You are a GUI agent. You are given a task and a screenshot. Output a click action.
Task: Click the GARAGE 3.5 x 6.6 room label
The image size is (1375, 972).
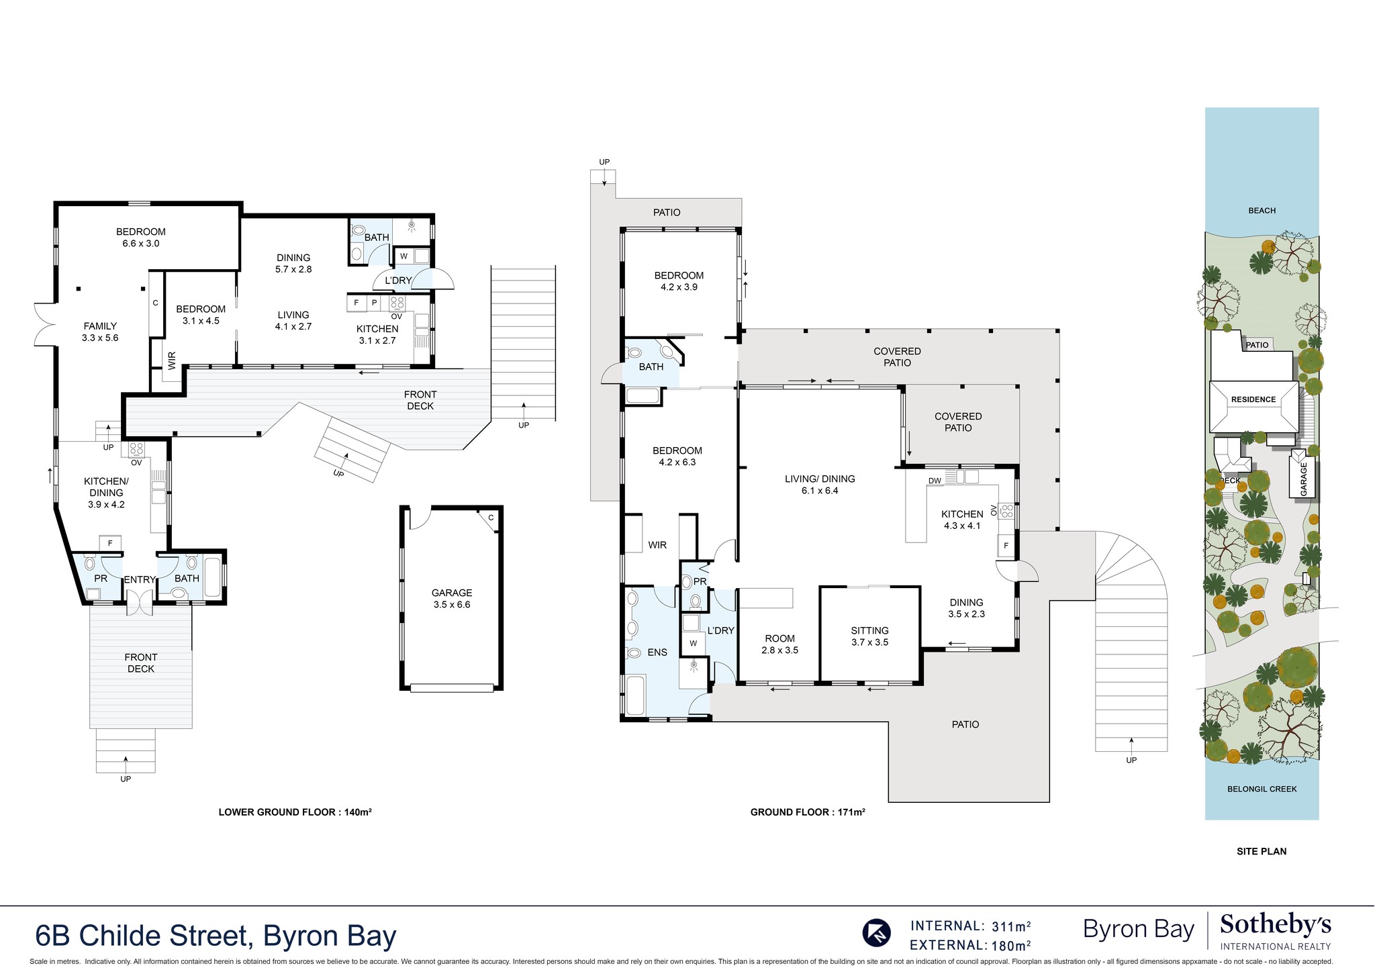tap(451, 598)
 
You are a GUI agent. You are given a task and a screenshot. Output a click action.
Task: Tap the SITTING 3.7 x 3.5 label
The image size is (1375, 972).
tap(869, 636)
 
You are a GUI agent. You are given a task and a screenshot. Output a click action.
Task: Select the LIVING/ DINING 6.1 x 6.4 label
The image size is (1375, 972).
tap(820, 484)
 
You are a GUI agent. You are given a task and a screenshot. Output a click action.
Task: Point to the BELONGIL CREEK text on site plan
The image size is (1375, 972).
tap(1262, 789)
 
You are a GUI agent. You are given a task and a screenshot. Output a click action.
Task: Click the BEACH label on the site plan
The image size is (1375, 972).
tap(1262, 210)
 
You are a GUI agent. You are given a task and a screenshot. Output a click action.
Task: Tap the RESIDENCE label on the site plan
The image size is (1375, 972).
tap(1253, 399)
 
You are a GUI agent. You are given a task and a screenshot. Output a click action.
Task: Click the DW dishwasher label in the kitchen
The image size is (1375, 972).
tap(934, 481)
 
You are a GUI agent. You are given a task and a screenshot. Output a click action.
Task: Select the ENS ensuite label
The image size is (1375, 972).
tap(657, 652)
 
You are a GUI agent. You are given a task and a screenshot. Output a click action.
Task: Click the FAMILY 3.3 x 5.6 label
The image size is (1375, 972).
tap(100, 332)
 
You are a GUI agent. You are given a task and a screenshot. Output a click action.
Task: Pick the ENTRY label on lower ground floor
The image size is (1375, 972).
tap(140, 579)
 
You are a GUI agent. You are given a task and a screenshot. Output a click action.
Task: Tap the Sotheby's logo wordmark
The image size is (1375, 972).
tap(1275, 925)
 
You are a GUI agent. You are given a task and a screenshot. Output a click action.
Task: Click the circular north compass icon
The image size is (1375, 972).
tap(876, 932)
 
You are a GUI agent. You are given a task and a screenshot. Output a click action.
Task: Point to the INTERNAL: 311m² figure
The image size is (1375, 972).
tap(970, 926)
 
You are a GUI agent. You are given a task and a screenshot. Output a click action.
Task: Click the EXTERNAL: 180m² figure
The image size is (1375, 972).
tap(970, 946)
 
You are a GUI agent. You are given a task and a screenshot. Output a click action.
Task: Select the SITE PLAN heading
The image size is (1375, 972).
tap(1261, 851)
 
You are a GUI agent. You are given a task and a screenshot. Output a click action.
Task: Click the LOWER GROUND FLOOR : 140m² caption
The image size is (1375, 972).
tap(295, 812)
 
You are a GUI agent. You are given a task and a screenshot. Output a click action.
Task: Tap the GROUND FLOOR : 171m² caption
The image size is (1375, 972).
tap(807, 812)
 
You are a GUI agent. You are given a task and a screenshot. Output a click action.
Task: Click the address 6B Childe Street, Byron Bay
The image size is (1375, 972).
tap(216, 936)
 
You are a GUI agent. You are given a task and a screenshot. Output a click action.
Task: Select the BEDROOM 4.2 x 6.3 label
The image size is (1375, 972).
tap(679, 456)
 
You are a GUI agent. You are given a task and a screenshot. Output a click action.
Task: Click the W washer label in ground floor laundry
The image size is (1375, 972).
tap(693, 643)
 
